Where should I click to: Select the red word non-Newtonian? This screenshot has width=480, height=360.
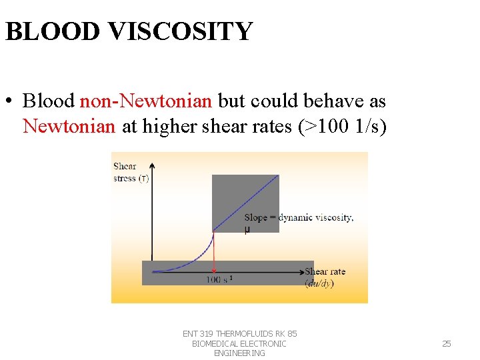point(145,101)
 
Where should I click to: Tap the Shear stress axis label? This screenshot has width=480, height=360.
point(131,172)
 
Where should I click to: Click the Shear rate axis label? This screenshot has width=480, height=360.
point(325,271)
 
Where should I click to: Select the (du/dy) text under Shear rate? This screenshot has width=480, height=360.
point(319,283)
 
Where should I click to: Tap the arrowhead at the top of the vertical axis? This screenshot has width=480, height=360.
point(153,165)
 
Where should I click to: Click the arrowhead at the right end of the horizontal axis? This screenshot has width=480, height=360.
point(299,271)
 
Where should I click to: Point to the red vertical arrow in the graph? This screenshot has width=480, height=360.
point(213,250)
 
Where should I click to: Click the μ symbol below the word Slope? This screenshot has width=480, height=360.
point(247,229)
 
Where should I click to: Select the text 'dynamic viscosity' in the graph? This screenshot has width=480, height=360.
point(315,217)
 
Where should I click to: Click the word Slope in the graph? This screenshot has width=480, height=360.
point(255,217)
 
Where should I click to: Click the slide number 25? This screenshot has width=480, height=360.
point(447,343)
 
